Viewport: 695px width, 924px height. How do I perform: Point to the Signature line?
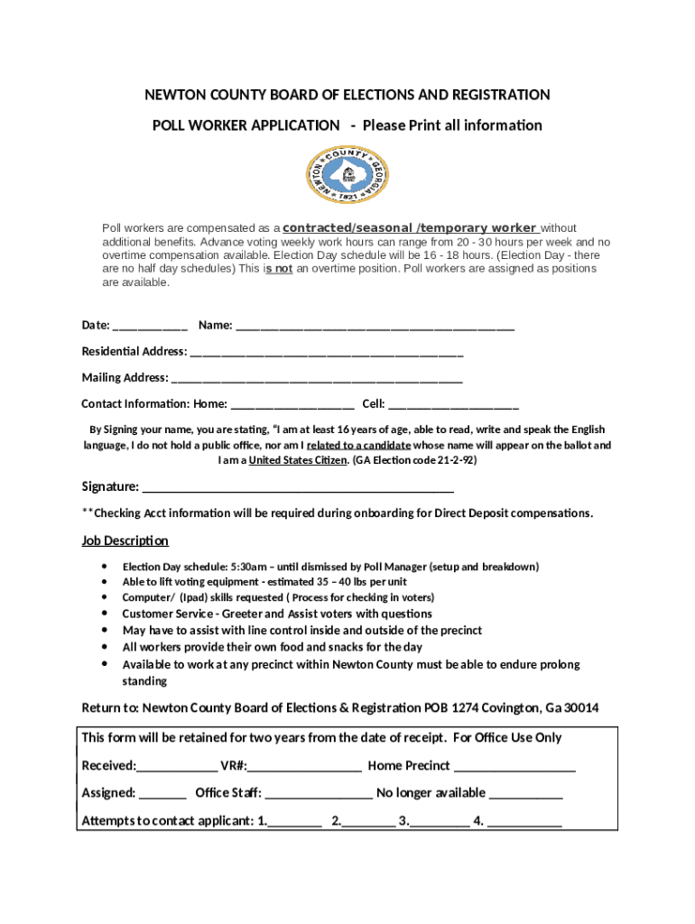298,488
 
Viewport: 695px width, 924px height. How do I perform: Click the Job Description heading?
125,541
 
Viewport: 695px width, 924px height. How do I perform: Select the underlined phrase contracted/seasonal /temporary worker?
410,228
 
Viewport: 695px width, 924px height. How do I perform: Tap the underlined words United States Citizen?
297,460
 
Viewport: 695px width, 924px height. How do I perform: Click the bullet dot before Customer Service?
109,614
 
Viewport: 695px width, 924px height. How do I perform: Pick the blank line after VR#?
304,767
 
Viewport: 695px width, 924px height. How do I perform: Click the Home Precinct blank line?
514,767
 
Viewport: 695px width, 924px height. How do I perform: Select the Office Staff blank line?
319,794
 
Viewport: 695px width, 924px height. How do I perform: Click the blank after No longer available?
526,794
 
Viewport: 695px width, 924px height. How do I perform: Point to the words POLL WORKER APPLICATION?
246,125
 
